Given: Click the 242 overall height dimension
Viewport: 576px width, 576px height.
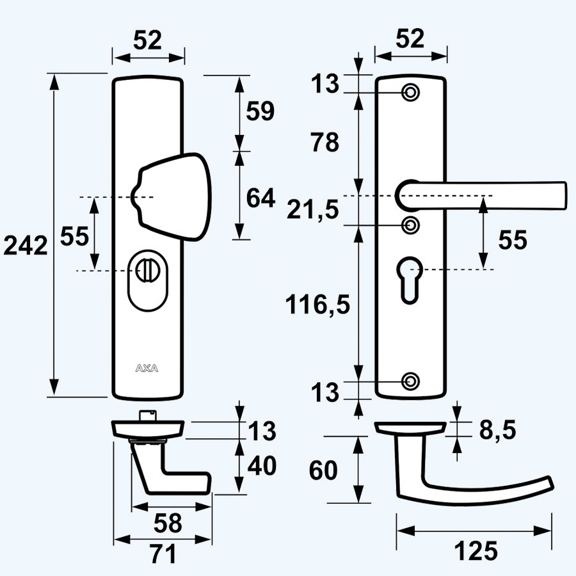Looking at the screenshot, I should [x=26, y=245].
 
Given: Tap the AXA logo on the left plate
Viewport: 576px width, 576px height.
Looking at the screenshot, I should [x=148, y=368].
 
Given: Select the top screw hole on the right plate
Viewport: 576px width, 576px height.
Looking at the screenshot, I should [x=410, y=93].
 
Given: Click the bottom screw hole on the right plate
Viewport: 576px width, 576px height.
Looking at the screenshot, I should [x=410, y=381].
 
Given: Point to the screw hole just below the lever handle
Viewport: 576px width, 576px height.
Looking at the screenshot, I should [x=410, y=225].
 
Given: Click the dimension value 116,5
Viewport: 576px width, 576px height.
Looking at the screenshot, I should [x=318, y=306].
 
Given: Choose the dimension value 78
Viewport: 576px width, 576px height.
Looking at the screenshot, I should [x=324, y=142].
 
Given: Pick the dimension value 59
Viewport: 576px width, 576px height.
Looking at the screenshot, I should [x=260, y=111].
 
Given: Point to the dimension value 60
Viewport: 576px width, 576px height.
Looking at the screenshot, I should [x=324, y=471].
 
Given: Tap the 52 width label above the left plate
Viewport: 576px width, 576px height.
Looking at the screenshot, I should [x=148, y=40].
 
